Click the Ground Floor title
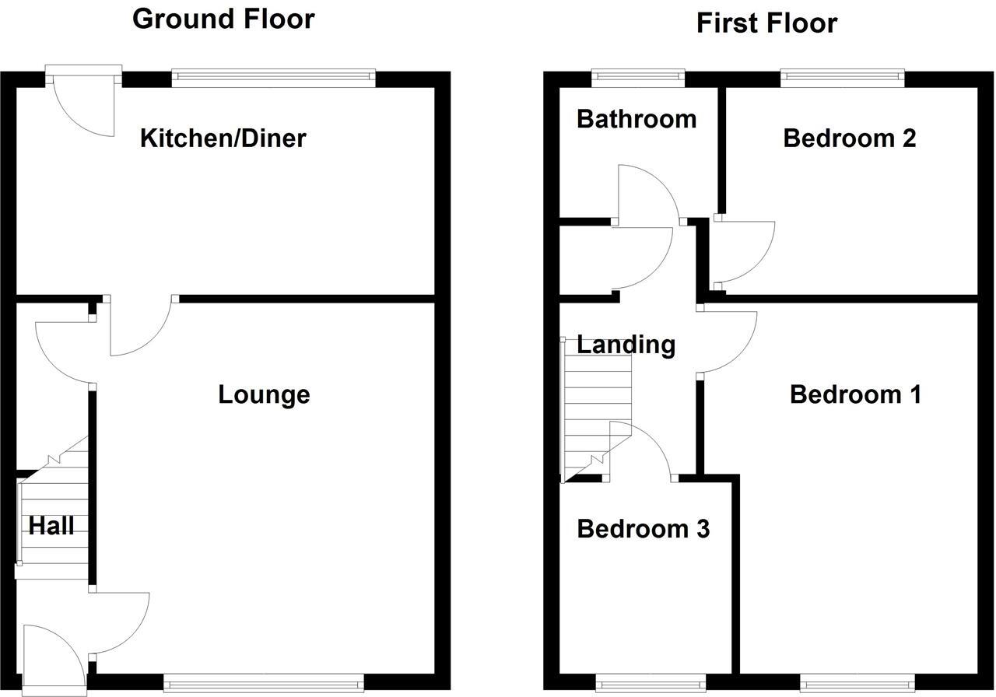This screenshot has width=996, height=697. [x=223, y=19]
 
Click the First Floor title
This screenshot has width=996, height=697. [x=766, y=23]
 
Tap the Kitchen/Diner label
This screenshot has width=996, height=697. [x=223, y=138]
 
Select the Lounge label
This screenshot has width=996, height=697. [x=264, y=394]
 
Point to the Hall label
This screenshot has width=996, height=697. [x=51, y=526]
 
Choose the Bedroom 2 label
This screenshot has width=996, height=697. [x=849, y=138]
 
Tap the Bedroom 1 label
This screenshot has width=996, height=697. [x=855, y=394]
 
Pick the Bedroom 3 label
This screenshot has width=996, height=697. [x=643, y=529]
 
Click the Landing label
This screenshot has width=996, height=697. [x=626, y=344]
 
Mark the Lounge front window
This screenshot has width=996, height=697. [x=263, y=683]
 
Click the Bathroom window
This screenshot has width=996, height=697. [x=637, y=76]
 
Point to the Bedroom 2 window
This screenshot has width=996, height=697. [x=843, y=76]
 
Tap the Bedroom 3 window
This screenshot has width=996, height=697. [x=651, y=684]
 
